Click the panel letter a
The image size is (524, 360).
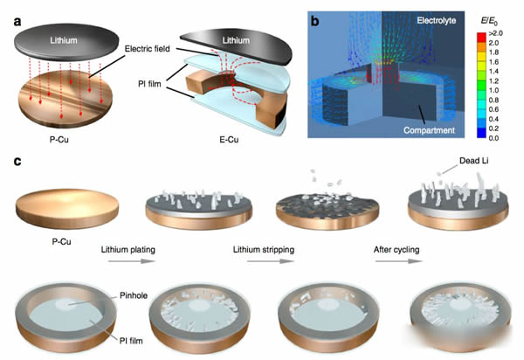point(17,22)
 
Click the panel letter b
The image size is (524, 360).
point(314,21)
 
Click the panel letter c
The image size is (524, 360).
point(17,162)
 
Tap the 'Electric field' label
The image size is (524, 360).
point(148,49)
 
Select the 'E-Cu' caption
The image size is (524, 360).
point(229,140)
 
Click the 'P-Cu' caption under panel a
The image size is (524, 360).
point(59,140)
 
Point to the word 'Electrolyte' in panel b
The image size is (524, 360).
point(436,21)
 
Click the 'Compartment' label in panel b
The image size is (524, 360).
point(429,130)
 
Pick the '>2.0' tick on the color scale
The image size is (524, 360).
point(495,33)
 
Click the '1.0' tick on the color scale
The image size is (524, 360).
point(493,91)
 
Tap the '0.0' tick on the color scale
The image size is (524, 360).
point(493,138)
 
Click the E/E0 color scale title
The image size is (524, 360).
point(489,21)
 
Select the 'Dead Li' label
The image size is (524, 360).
point(474,161)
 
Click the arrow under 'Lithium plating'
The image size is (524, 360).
point(131,261)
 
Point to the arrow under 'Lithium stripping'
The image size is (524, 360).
point(271,261)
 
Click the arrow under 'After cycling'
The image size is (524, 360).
point(399,261)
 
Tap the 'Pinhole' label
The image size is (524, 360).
point(134,295)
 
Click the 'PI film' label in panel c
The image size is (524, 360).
point(131,341)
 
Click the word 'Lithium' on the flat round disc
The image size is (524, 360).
point(64,40)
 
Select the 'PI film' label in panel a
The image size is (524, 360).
point(149,84)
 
